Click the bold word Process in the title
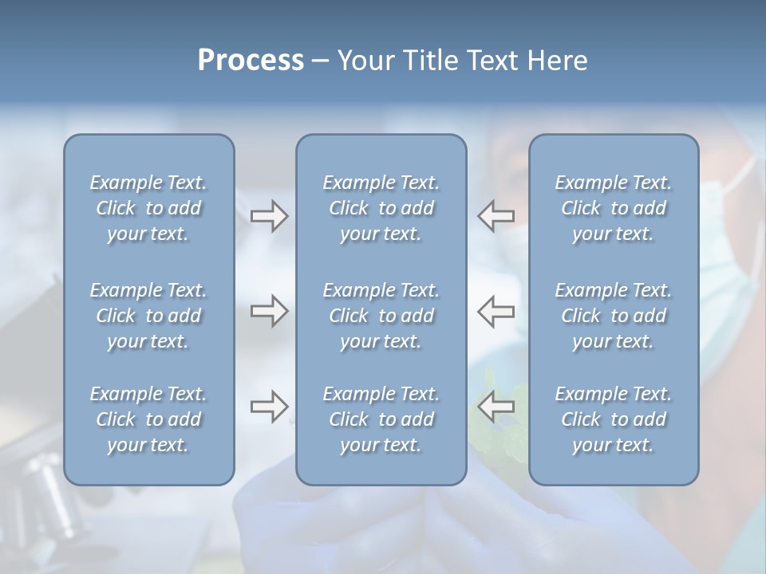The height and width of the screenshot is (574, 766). coord(251,61)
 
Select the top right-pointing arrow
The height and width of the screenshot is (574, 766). coord(269,216)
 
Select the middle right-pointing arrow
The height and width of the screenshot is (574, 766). coord(269,311)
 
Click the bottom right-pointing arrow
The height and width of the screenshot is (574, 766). coord(269,407)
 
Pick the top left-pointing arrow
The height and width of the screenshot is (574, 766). coord(496,216)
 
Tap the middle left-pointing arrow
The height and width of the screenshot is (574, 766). coord(496,311)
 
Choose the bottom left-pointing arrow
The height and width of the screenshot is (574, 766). coord(496,407)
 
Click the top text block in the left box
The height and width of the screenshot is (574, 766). coord(148,208)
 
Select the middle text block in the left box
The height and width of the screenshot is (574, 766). coord(148,316)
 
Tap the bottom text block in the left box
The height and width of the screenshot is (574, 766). coord(148,419)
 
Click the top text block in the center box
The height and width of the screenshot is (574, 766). coord(381,208)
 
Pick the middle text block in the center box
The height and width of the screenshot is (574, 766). coord(381,316)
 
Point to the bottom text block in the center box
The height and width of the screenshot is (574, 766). coord(381,419)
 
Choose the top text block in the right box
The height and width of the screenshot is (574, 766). coord(614,208)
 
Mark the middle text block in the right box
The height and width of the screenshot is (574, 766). coord(614,316)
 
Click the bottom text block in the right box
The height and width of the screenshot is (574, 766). coord(614,419)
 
